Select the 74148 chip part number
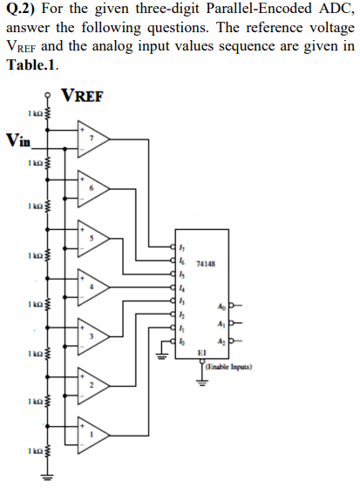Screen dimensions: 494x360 point(207,262)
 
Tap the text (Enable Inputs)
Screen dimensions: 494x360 point(228,369)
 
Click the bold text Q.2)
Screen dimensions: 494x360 point(21,10)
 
